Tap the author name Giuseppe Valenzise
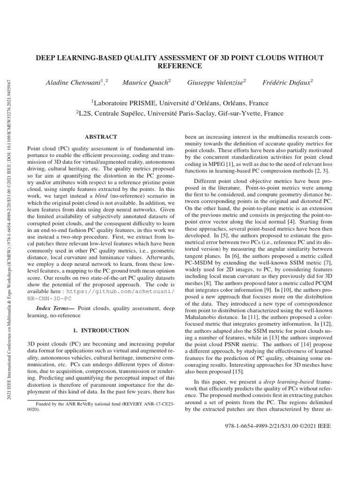[x=216, y=82]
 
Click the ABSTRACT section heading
[x=100, y=137]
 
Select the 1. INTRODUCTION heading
[x=100, y=330]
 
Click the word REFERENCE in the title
[x=180, y=66]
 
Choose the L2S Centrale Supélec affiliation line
[x=180, y=113]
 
